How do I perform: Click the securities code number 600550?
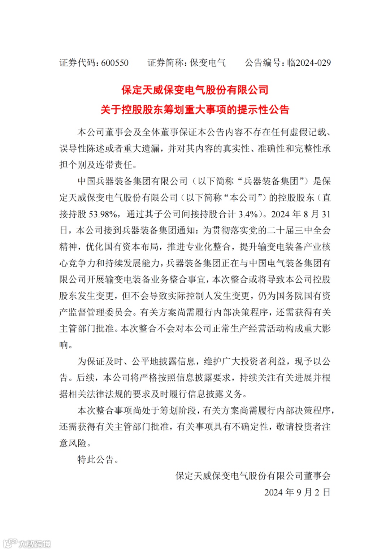[115, 63]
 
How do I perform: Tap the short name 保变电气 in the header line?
[208, 63]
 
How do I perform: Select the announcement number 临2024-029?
[309, 63]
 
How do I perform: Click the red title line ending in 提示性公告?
[195, 109]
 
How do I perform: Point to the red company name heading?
[195, 90]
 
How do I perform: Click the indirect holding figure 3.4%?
[248, 214]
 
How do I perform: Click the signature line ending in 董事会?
[253, 476]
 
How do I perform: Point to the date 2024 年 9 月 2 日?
[297, 492]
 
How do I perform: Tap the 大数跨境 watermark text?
[35, 543]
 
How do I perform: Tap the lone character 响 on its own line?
[64, 345]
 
